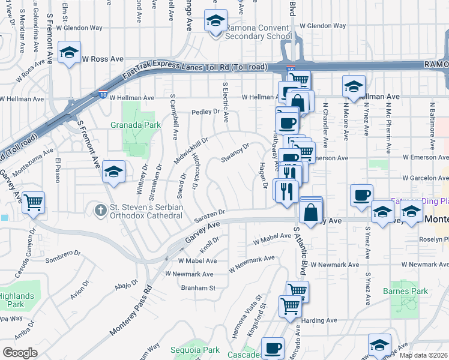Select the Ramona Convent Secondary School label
point(258,32)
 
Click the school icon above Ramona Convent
point(215,22)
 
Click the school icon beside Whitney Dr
point(113,172)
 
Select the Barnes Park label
point(405,292)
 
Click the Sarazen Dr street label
point(208,216)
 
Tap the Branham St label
point(199,288)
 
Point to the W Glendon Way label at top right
point(322,26)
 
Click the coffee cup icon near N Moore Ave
point(361,195)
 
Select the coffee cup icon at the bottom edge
point(273,347)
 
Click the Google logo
point(20,353)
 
